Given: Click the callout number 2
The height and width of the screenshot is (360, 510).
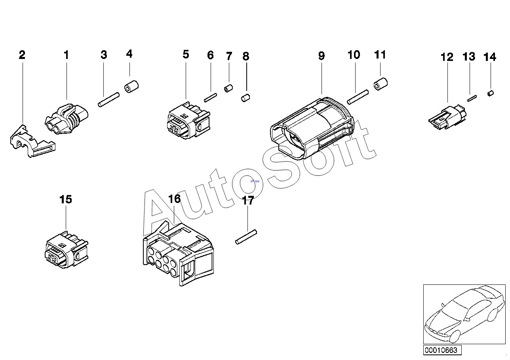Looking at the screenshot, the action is point(22,55).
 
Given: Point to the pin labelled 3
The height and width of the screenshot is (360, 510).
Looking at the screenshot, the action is point(108,99).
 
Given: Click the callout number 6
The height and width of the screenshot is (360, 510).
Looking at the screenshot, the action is point(210,55).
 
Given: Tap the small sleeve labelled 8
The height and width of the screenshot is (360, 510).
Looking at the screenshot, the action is point(246,97).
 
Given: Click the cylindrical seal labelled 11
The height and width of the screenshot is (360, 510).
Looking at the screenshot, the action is point(381,84).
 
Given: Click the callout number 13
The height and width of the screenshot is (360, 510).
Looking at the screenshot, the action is point(469,57).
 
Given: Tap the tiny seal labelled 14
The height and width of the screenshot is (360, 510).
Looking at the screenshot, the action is point(490,93).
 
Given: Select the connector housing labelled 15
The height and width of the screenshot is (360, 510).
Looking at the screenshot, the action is point(66,252).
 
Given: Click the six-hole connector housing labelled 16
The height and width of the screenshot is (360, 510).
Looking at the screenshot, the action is point(178,255).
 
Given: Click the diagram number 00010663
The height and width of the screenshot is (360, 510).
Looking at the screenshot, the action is point(441,350).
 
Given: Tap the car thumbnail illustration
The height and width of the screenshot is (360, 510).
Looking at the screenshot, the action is point(464,314).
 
